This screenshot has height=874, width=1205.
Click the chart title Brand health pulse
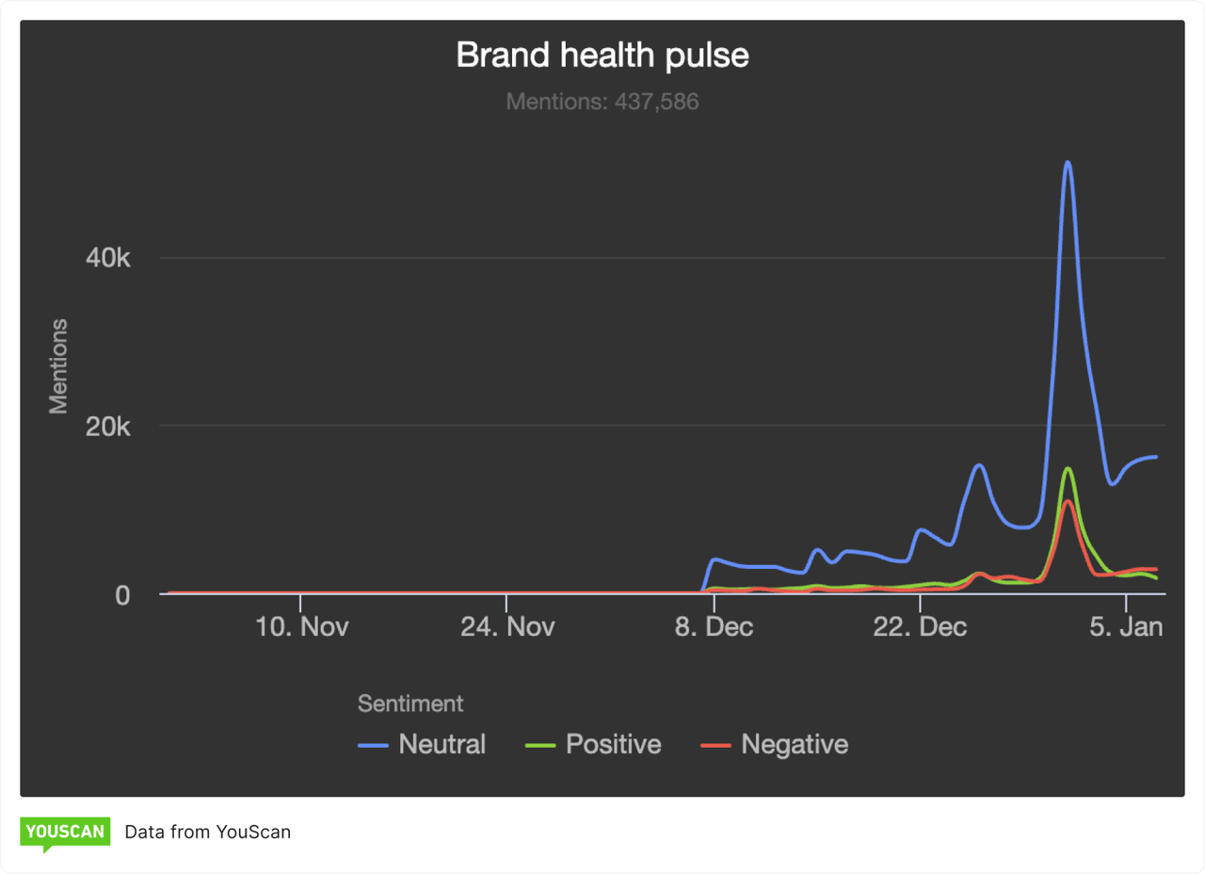point(602,55)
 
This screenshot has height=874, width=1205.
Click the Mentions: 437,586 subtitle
point(602,101)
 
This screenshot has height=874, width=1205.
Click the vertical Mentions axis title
point(59,365)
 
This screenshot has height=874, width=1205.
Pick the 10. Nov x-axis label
point(301,627)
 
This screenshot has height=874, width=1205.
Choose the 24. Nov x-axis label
point(507,627)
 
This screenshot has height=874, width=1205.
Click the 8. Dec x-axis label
point(715,627)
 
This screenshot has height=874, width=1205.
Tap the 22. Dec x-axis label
point(920,627)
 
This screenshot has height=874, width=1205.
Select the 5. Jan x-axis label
point(1126,627)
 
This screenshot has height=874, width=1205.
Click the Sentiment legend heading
point(410,703)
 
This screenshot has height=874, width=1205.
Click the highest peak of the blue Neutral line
point(1067,162)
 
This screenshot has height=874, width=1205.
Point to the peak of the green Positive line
point(1067,468)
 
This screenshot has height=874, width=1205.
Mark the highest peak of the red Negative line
point(1067,501)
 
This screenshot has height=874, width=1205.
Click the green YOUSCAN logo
point(65,832)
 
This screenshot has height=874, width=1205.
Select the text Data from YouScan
point(207,832)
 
